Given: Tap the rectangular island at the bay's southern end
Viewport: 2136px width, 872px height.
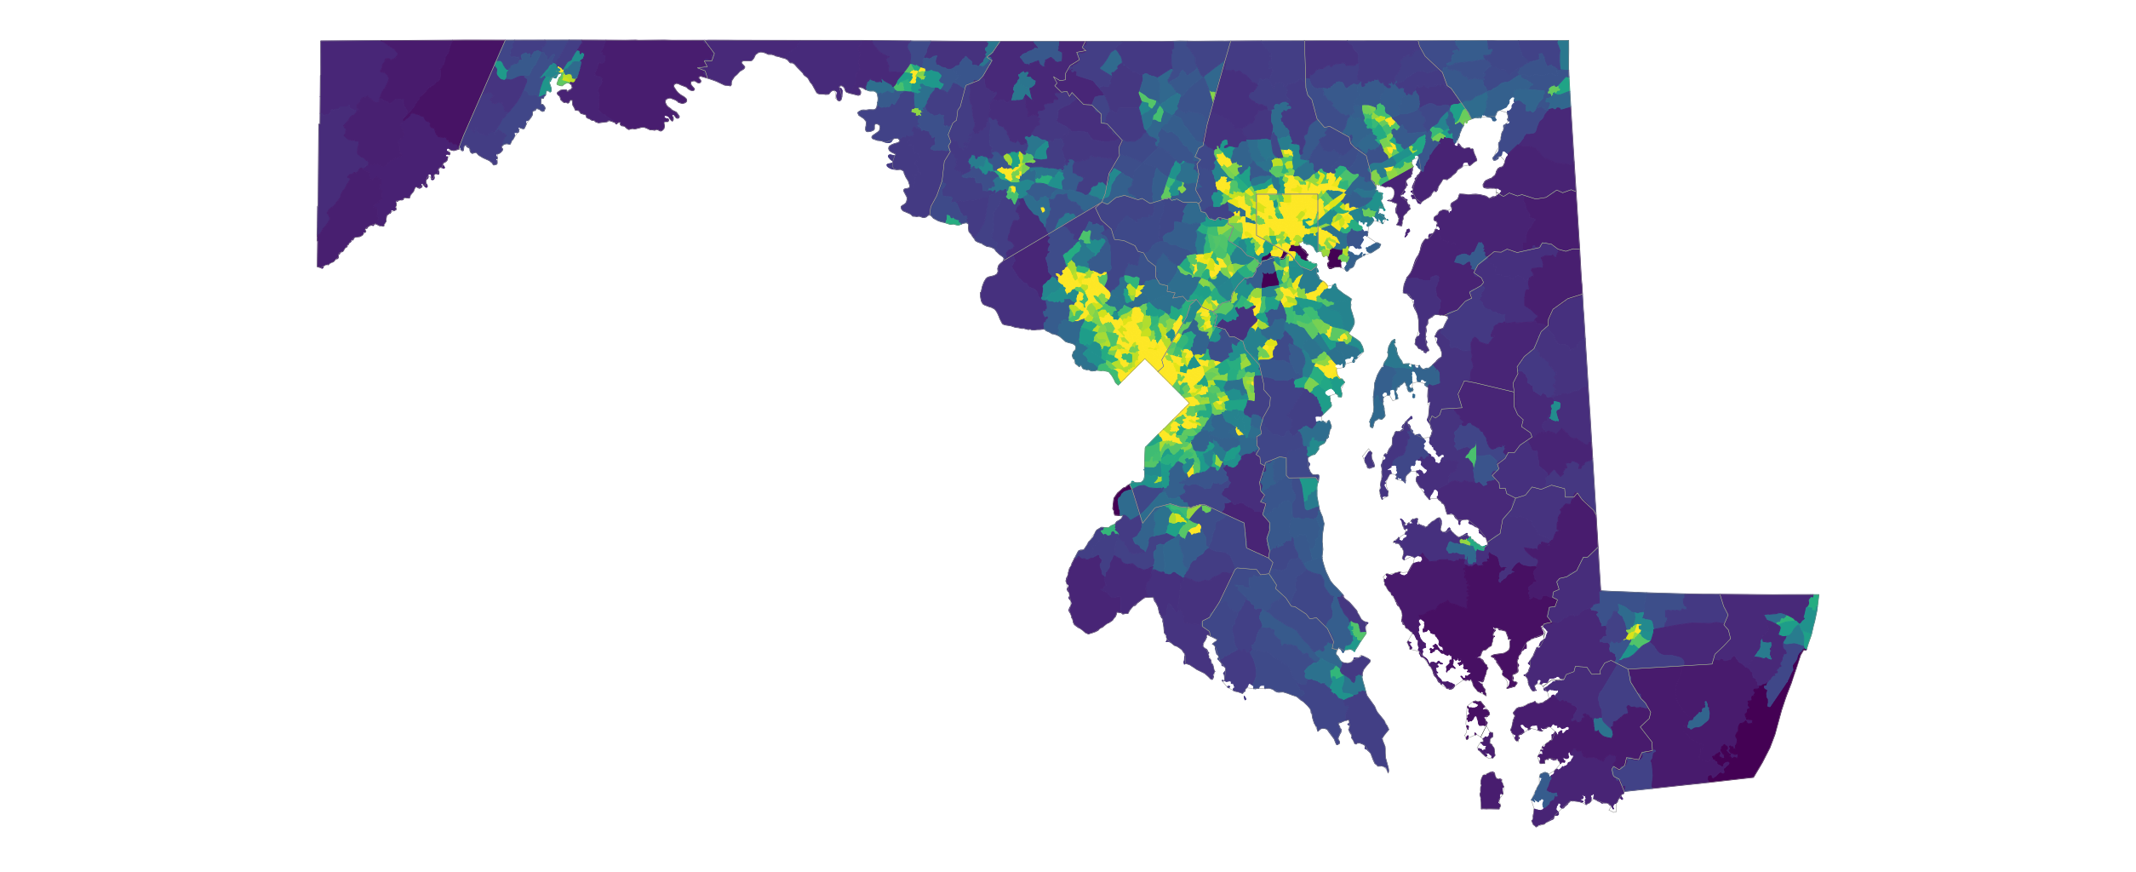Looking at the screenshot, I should tap(1489, 792).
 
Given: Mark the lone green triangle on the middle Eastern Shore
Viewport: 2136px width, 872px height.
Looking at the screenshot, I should tap(1471, 455).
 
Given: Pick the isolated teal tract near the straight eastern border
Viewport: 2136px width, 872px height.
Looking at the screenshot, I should tap(1555, 411).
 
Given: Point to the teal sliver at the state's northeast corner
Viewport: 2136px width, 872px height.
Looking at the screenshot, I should tap(1564, 56).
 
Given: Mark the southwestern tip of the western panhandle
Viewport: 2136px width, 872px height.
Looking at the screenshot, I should tap(320, 267).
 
